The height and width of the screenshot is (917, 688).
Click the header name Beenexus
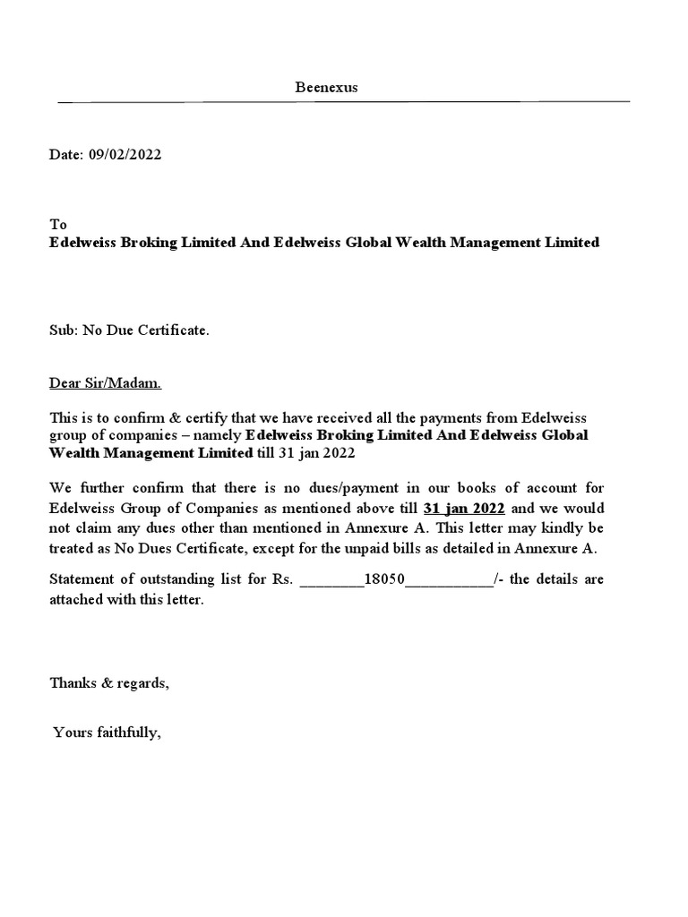[327, 87]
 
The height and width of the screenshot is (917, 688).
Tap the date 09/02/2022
[125, 154]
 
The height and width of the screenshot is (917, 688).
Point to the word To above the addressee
[57, 224]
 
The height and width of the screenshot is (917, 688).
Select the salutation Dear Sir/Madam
[106, 383]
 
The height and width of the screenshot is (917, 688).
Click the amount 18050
[385, 579]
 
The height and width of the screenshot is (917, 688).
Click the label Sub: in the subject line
[64, 331]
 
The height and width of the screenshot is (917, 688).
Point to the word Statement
[82, 579]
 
